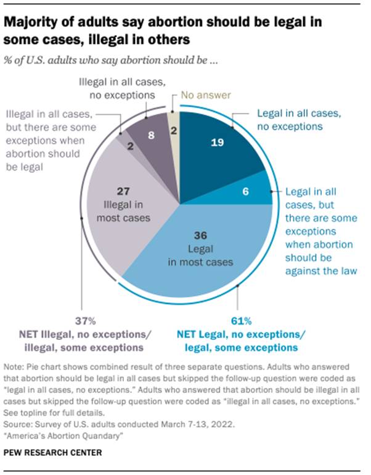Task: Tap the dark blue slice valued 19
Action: coord(216,148)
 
